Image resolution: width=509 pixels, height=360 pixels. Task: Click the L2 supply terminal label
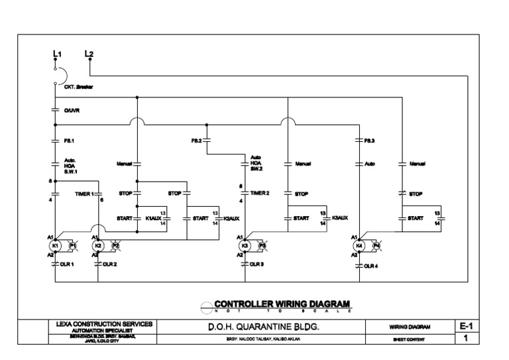[x=89, y=52]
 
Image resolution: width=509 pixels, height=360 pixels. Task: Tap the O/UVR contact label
[x=72, y=111]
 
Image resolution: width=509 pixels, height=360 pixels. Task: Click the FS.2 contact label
[x=197, y=141]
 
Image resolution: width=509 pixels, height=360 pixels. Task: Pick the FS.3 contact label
[x=370, y=141]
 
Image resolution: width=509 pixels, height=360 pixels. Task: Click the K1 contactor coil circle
[x=56, y=245]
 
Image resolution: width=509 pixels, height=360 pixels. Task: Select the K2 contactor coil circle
[x=98, y=245]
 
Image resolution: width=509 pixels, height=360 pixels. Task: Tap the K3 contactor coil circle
[x=245, y=245]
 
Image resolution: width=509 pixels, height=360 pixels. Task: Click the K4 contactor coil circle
[x=359, y=245]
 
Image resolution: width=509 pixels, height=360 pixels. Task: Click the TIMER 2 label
[x=259, y=193]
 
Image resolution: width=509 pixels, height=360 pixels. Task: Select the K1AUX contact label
[x=152, y=217]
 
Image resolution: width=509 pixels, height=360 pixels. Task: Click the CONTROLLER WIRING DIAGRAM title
[x=281, y=304]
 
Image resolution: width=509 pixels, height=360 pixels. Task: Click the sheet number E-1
[x=466, y=326]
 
